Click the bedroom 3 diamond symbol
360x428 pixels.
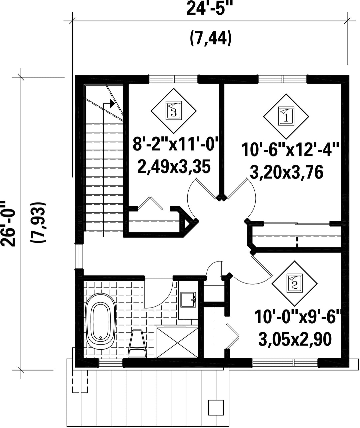pyautogui.click(x=174, y=111)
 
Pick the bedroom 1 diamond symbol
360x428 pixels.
pyautogui.click(x=286, y=116)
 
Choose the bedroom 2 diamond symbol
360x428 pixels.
pyautogui.click(x=294, y=284)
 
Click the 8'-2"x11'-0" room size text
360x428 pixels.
pyautogui.click(x=175, y=144)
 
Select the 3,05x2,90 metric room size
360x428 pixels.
pyautogui.click(x=295, y=339)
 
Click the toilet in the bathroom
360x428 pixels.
pyautogui.click(x=137, y=344)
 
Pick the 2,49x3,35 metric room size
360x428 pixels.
pyautogui.click(x=174, y=166)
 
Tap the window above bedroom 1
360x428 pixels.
pyautogui.click(x=282, y=79)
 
